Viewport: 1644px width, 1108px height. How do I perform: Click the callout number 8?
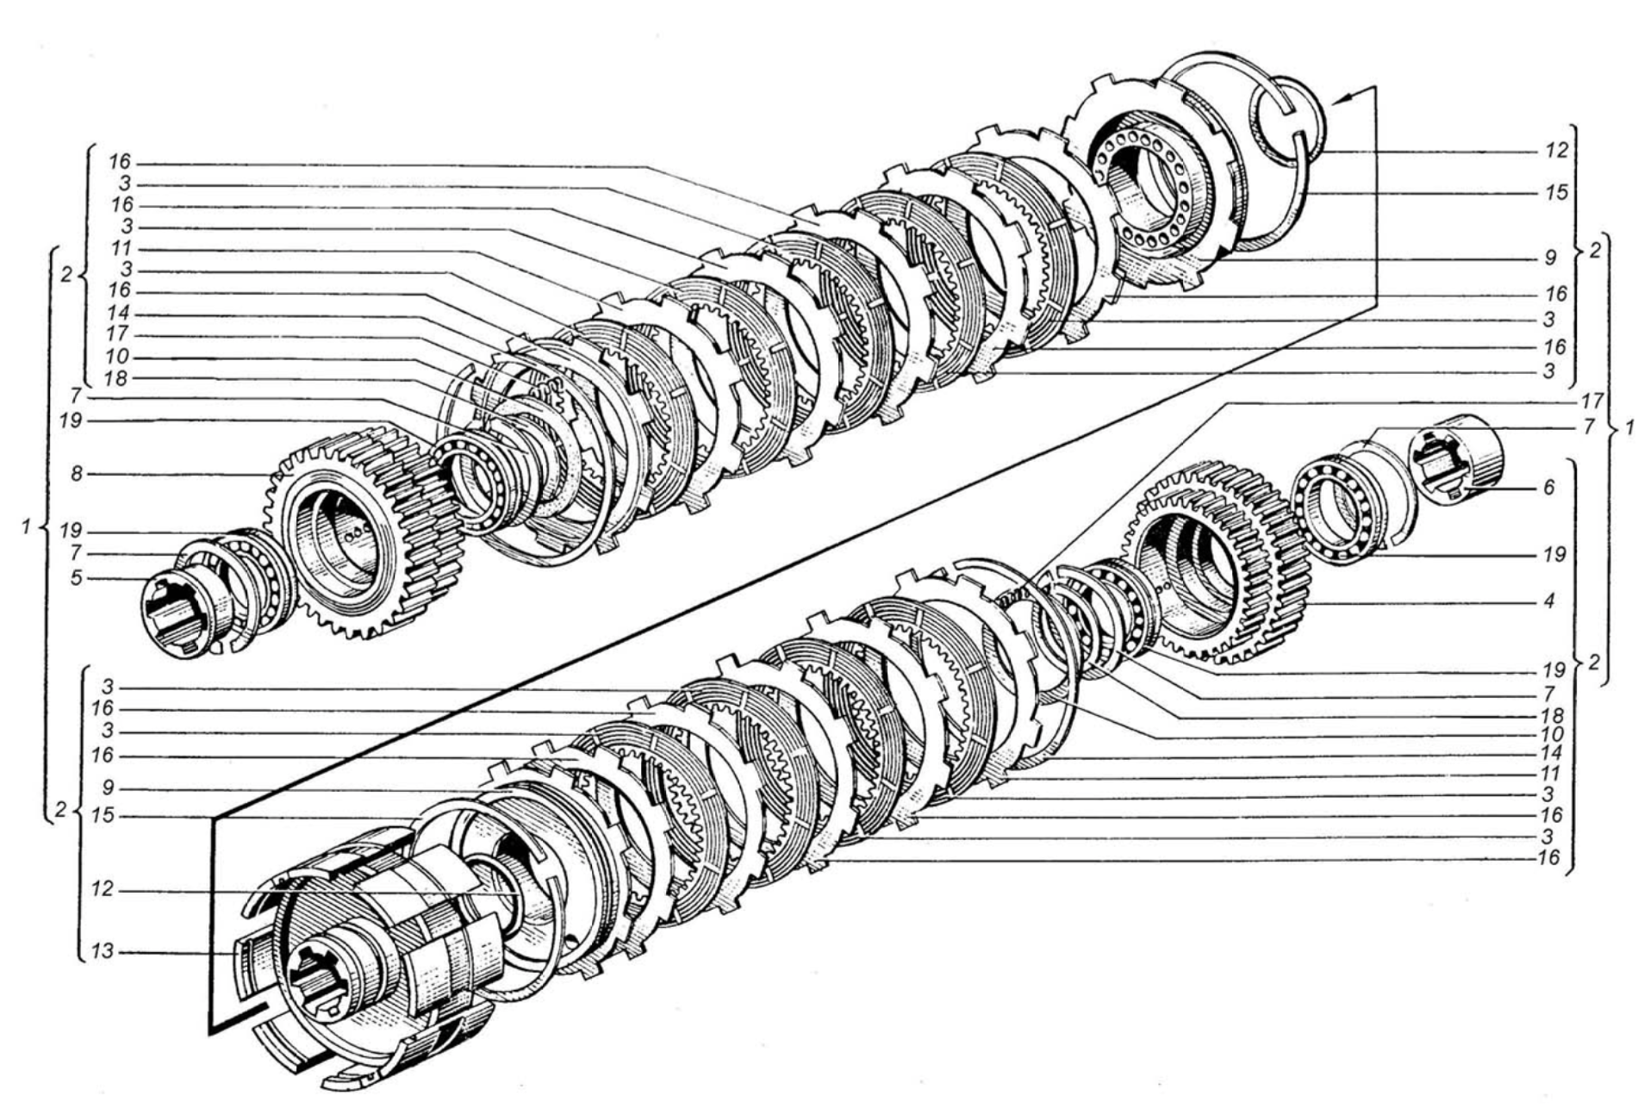pos(78,473)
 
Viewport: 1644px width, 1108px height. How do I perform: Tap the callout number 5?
pos(78,577)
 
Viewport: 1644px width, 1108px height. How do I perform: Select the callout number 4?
pos(1548,601)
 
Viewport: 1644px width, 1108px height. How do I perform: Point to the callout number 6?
pos(1548,488)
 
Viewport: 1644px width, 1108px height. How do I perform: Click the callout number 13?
pos(103,953)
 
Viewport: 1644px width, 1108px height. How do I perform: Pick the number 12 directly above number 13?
pos(103,889)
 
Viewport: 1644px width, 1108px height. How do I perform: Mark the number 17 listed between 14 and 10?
pos(117,333)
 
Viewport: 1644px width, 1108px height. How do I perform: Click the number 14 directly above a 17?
pos(117,312)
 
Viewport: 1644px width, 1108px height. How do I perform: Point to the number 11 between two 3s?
pos(117,249)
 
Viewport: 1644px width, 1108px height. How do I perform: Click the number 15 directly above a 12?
pos(103,814)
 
